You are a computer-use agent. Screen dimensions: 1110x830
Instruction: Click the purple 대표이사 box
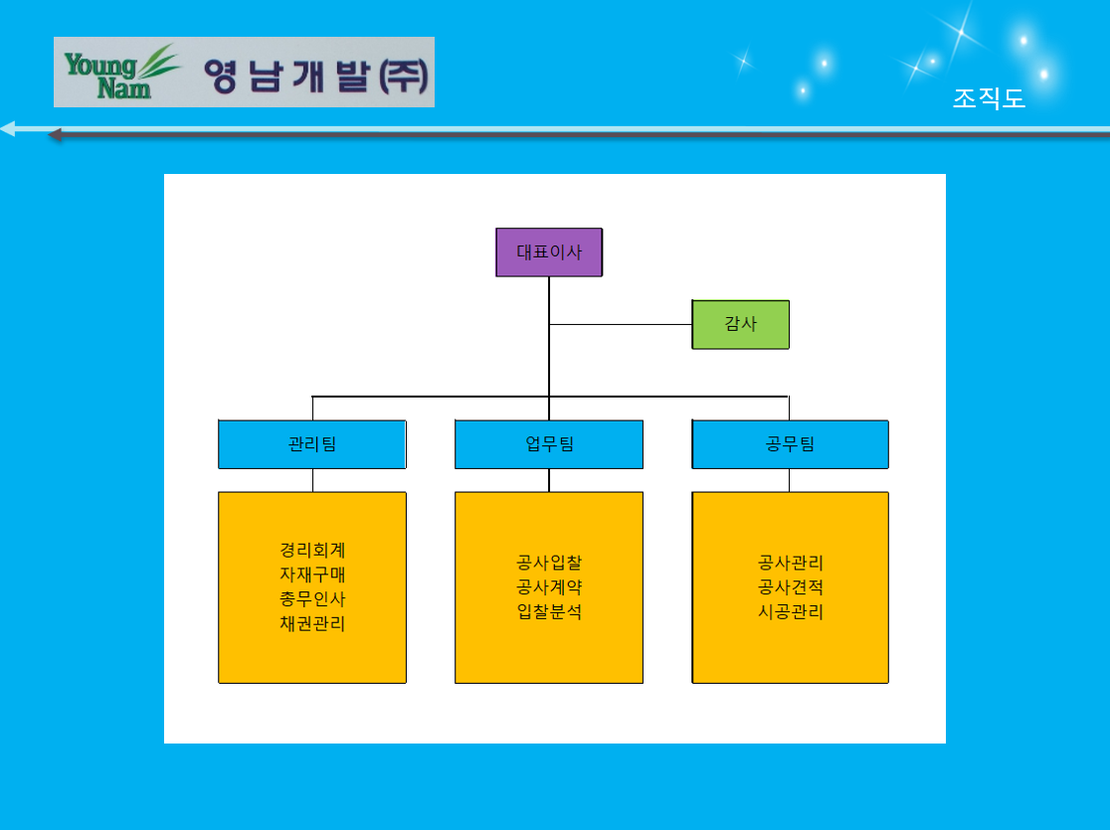[x=549, y=251]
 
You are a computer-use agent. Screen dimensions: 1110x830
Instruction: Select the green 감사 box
[x=740, y=324]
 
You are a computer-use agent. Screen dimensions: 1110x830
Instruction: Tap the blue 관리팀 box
[x=312, y=444]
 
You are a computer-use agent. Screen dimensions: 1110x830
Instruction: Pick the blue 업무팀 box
[x=549, y=444]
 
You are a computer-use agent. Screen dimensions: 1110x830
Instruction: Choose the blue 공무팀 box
[x=790, y=444]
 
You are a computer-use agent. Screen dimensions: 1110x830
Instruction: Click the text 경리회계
[x=312, y=550]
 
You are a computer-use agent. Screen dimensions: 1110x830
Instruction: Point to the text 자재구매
[x=312, y=574]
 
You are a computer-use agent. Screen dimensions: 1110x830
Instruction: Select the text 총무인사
[x=312, y=598]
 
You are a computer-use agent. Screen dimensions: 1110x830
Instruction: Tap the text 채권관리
[x=312, y=623]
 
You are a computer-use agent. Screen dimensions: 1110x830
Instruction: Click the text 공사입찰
[x=549, y=563]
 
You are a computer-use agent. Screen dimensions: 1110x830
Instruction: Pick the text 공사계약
[x=549, y=586]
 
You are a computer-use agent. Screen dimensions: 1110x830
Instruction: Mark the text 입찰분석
[x=549, y=611]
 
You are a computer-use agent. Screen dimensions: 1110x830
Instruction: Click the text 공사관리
[x=791, y=563]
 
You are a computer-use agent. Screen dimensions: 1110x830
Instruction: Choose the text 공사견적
[x=791, y=586]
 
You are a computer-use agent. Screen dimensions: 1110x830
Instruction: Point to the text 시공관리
[x=791, y=611]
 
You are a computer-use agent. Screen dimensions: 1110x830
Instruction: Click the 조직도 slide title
[x=989, y=98]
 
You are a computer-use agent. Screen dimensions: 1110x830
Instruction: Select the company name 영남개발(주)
[x=316, y=76]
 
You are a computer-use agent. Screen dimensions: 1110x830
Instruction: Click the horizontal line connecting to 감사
[x=621, y=325]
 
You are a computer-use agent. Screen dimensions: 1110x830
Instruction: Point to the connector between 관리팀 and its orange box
[x=313, y=480]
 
